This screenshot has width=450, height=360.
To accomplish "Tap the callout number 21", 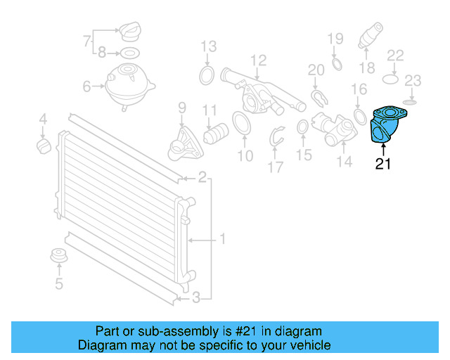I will coord(383,165).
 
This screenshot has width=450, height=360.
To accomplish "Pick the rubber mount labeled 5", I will coord(58,257).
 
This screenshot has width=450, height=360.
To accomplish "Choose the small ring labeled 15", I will coord(302,127).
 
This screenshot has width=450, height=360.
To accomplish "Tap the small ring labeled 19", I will coord(336,64).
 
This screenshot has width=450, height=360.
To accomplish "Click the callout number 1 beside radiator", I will coord(221,240).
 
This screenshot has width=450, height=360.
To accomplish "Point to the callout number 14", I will coord(344,163).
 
